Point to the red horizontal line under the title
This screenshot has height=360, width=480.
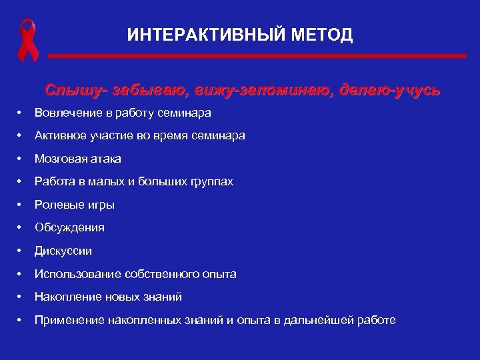(257, 57)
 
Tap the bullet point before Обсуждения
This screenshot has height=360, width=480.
(21, 228)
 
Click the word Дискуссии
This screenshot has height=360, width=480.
(63, 251)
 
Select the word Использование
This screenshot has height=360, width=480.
(74, 274)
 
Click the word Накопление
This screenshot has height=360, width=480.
(67, 297)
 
